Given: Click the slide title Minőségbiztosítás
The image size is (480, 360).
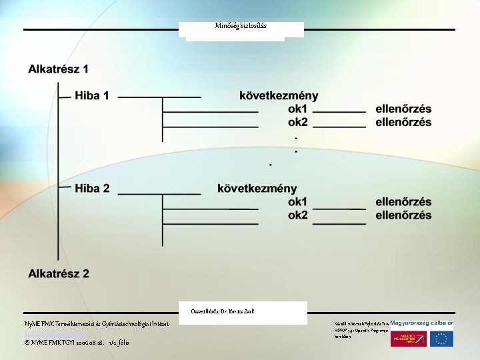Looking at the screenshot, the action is click(241, 26).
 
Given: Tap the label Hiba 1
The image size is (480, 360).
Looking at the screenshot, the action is click(92, 96).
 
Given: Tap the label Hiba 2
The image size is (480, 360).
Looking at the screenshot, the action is click(92, 189).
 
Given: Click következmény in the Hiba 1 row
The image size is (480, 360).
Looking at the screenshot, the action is click(279, 96).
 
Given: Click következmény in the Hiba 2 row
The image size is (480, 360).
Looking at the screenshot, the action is click(257, 189).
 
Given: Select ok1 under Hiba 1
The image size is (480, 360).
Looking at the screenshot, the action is click(297, 109).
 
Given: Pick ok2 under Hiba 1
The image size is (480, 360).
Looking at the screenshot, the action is click(297, 123).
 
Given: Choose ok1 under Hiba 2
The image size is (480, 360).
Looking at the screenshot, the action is click(297, 202).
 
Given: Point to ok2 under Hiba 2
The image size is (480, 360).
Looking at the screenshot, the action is click(297, 215).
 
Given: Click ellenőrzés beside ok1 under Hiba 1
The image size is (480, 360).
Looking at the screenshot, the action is click(403, 109).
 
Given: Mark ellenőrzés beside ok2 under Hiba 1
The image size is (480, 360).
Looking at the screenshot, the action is click(403, 123).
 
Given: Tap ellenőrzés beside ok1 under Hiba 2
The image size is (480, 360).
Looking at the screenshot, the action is click(403, 202).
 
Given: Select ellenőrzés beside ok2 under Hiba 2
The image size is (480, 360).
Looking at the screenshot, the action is click(403, 215).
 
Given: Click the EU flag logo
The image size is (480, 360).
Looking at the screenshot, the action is click(441, 338).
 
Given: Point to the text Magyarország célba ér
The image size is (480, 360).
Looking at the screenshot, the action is click(421, 323).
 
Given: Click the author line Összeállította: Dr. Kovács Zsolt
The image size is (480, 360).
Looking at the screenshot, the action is click(222, 311).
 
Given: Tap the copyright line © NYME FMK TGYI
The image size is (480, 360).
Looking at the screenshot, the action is click(77, 342).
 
